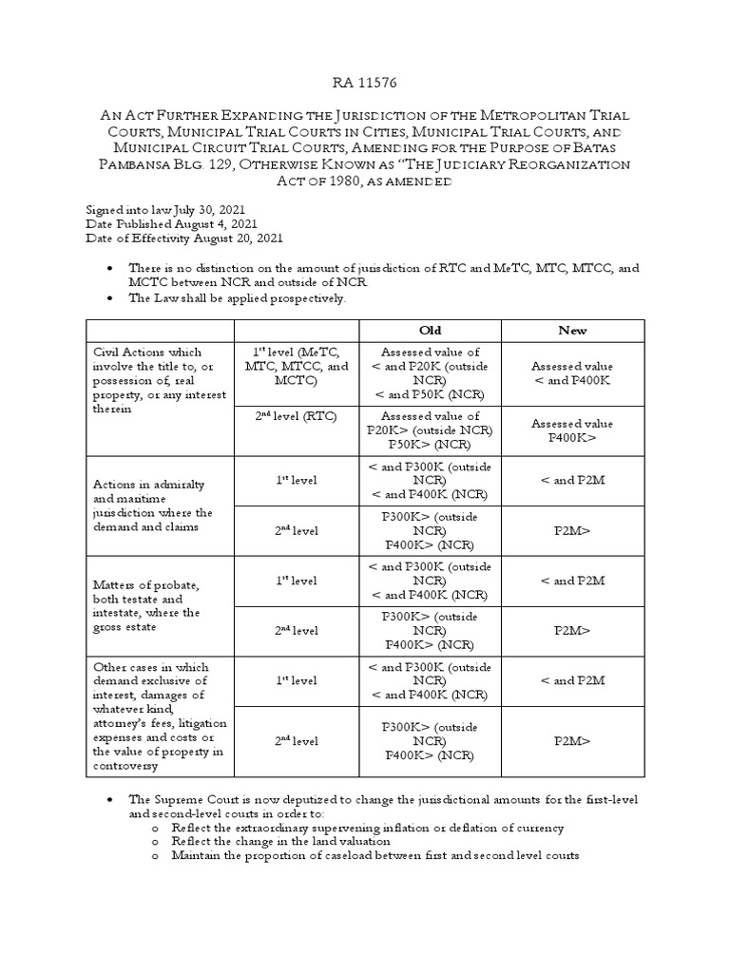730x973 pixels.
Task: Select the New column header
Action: [572, 331]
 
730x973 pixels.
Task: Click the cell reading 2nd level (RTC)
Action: [297, 416]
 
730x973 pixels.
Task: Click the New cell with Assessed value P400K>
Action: [572, 430]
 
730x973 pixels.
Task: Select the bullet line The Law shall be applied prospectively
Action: [239, 298]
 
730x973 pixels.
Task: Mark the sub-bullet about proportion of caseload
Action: [375, 855]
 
